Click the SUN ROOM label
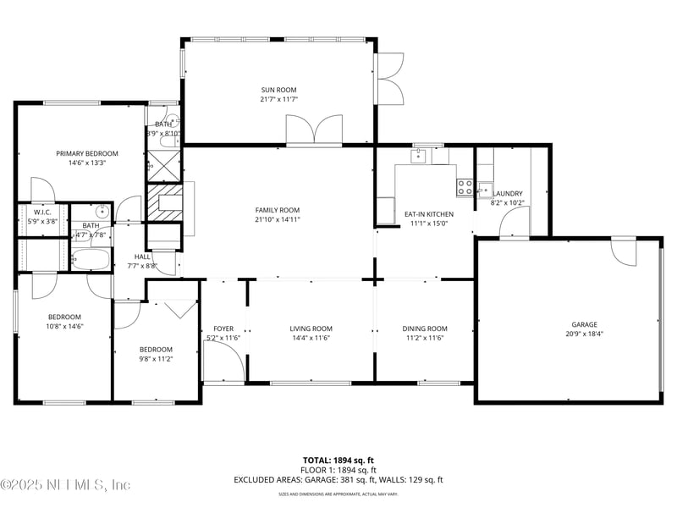click(278, 90)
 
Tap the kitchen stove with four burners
click(465, 186)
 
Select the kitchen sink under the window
click(419, 157)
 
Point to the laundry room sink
click(484, 189)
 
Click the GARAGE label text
click(584, 324)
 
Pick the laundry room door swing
click(513, 223)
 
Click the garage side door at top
click(624, 251)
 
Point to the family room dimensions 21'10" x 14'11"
click(278, 220)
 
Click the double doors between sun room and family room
click(314, 131)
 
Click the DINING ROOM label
click(425, 329)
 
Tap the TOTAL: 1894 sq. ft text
click(338, 460)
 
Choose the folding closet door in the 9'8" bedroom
click(179, 309)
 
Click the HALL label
click(142, 257)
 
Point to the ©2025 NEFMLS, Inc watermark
click(65, 485)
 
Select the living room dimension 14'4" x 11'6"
click(311, 339)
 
